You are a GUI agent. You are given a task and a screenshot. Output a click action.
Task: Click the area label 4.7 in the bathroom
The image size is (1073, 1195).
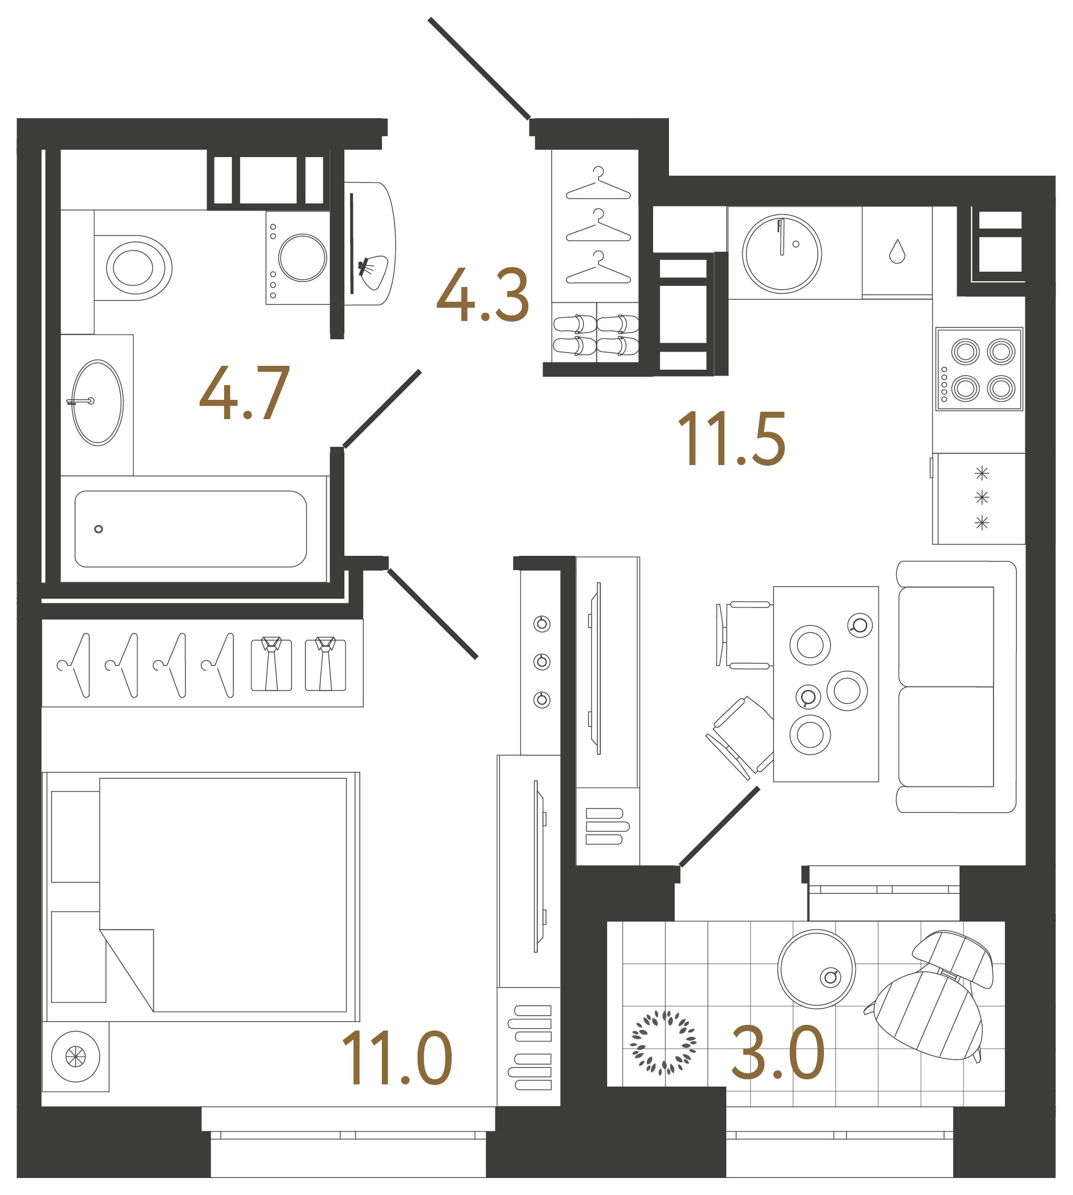click(244, 393)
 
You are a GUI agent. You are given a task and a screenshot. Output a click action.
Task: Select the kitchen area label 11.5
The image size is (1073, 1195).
click(731, 439)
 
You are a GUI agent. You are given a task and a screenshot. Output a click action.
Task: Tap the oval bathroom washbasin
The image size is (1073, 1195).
click(97, 403)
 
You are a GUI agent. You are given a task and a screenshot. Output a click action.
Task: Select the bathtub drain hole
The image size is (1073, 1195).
click(99, 529)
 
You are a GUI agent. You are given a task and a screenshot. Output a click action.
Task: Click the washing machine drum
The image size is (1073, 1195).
click(302, 257)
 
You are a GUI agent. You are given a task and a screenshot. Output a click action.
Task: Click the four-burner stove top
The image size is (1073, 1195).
click(979, 369)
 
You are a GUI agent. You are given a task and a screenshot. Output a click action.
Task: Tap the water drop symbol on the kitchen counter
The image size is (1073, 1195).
click(897, 252)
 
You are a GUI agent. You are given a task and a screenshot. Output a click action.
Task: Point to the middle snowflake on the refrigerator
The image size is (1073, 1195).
click(982, 498)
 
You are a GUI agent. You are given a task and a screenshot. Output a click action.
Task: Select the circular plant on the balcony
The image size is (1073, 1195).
click(663, 1042)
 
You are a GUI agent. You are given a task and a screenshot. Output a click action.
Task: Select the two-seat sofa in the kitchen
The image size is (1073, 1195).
click(955, 687)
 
